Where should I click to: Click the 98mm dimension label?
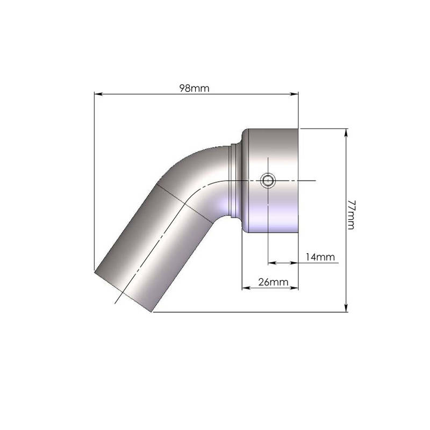coord(194,88)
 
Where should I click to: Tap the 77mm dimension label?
coord(351,214)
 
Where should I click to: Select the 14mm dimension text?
coord(320,257)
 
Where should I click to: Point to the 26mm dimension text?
coord(273,282)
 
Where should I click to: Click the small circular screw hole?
coord(267,181)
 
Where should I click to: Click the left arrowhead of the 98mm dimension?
coord(98,94)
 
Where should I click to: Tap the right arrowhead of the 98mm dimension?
coord(294,94)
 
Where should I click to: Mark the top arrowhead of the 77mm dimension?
coord(346,133)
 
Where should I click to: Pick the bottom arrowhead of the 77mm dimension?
coord(346,307)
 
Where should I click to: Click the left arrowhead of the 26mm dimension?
coord(246,288)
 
